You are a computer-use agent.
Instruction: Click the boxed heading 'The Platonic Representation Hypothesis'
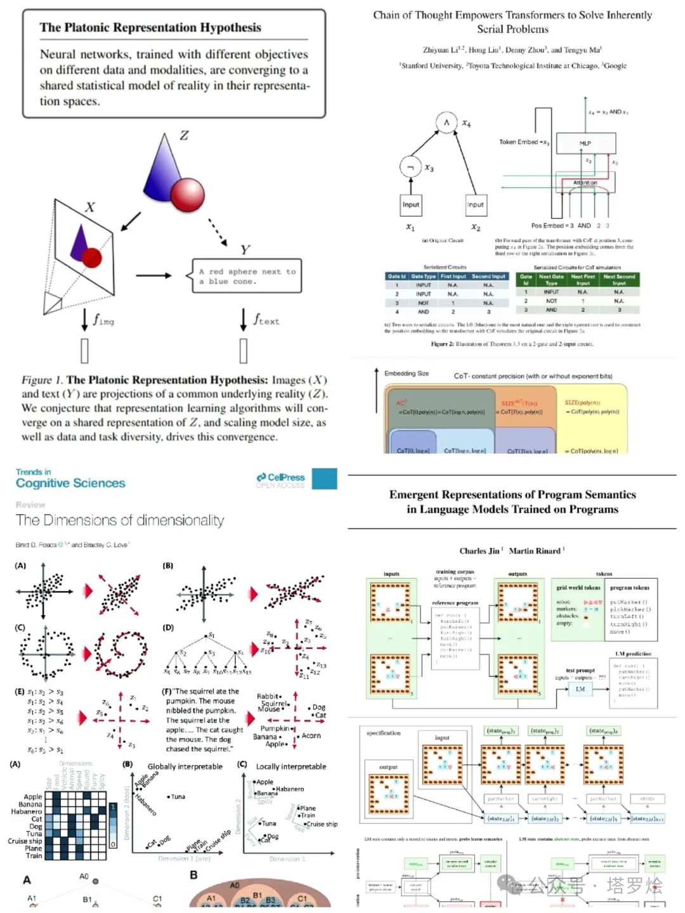[x=150, y=27]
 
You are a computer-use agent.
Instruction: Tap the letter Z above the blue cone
[x=184, y=135]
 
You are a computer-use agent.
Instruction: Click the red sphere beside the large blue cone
[x=187, y=193]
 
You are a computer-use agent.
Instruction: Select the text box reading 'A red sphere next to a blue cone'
[x=246, y=276]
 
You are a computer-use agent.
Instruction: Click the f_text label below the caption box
[x=266, y=320]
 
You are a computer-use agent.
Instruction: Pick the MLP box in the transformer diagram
[x=585, y=143]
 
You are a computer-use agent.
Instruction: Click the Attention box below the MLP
[x=585, y=183]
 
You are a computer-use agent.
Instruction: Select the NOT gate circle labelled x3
[x=410, y=167]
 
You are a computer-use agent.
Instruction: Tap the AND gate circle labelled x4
[x=447, y=122]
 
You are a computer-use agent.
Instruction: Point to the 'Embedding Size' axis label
[x=407, y=373]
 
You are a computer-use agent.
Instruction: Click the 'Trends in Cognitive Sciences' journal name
[x=70, y=479]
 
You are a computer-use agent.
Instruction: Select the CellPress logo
[x=280, y=477]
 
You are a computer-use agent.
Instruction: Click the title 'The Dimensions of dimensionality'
[x=120, y=521]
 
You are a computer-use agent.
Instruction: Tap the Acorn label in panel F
[x=311, y=735]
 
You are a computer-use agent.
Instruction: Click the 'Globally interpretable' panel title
[x=185, y=767]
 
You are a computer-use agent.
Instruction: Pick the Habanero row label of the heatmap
[x=26, y=812]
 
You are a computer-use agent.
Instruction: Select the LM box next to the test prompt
[x=580, y=689]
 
